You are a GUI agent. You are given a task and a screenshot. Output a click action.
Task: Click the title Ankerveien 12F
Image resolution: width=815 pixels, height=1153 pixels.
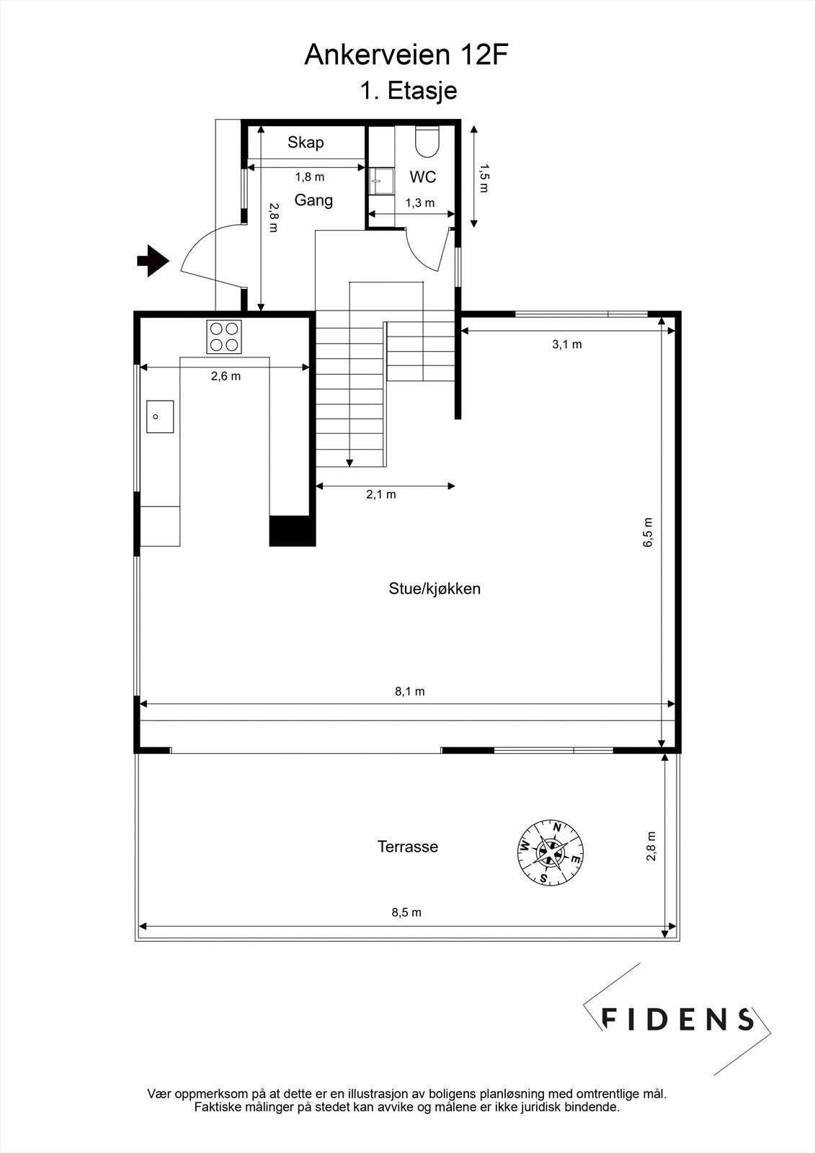tap(408, 55)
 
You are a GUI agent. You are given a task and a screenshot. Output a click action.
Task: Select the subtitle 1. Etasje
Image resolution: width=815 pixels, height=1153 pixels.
tap(408, 91)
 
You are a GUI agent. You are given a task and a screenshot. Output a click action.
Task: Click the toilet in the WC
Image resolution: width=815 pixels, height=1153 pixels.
tap(427, 141)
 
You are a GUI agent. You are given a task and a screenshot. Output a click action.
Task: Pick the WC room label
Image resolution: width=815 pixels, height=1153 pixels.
tap(423, 177)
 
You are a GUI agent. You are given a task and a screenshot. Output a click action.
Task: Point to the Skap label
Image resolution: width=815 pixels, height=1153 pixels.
tap(306, 142)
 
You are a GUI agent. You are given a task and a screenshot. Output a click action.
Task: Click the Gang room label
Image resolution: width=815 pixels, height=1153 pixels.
tap(313, 200)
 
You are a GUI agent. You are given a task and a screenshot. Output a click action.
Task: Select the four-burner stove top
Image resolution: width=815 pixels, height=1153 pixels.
tap(224, 336)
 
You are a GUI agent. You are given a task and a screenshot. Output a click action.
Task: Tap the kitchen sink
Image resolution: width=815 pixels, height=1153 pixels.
tap(160, 417)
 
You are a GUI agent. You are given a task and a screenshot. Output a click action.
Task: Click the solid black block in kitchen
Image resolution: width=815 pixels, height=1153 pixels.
tap(292, 530)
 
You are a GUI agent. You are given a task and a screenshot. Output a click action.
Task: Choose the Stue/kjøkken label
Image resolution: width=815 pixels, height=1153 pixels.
tap(435, 589)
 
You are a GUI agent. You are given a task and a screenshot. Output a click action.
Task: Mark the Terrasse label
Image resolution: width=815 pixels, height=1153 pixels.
tap(408, 847)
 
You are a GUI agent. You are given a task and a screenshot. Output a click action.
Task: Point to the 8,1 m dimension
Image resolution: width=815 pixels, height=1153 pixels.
tap(409, 691)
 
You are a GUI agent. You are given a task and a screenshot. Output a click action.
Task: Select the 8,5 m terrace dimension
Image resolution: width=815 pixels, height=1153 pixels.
tap(406, 912)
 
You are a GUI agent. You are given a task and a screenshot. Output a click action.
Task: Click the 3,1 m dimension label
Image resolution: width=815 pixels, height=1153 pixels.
tap(567, 344)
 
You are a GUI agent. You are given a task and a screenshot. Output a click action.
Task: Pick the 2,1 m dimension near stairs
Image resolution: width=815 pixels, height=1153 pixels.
tap(381, 494)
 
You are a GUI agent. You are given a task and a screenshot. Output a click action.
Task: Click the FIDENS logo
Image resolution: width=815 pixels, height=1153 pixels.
tap(677, 1018)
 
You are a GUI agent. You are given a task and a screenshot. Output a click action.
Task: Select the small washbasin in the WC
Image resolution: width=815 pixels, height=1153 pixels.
tap(381, 182)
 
